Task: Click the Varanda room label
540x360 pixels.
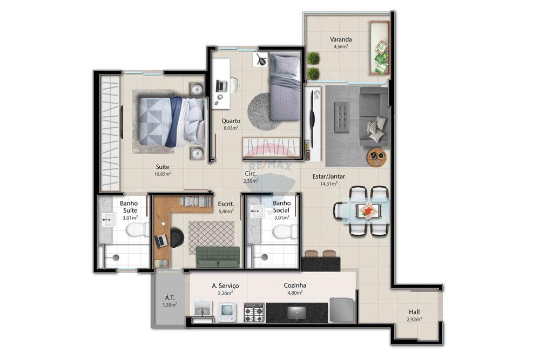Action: pyautogui.click(x=341, y=39)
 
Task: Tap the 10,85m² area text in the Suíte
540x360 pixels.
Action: pyautogui.click(x=163, y=174)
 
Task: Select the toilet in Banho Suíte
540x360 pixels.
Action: pyautogui.click(x=137, y=231)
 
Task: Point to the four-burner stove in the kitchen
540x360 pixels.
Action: pyautogui.click(x=254, y=313)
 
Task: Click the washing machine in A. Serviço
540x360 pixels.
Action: pyautogui.click(x=227, y=312)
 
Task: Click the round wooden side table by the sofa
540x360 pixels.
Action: pyautogui.click(x=376, y=157)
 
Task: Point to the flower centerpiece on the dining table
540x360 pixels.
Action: pyautogui.click(x=369, y=210)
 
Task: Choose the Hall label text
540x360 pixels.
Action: pyautogui.click(x=414, y=312)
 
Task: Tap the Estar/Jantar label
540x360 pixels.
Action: pyautogui.click(x=328, y=176)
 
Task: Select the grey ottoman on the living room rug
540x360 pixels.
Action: pyautogui.click(x=341, y=117)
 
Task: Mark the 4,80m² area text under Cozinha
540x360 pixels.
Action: pyautogui.click(x=295, y=293)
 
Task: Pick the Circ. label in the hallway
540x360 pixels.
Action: pyautogui.click(x=250, y=174)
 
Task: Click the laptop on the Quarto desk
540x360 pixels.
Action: pyautogui.click(x=221, y=86)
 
